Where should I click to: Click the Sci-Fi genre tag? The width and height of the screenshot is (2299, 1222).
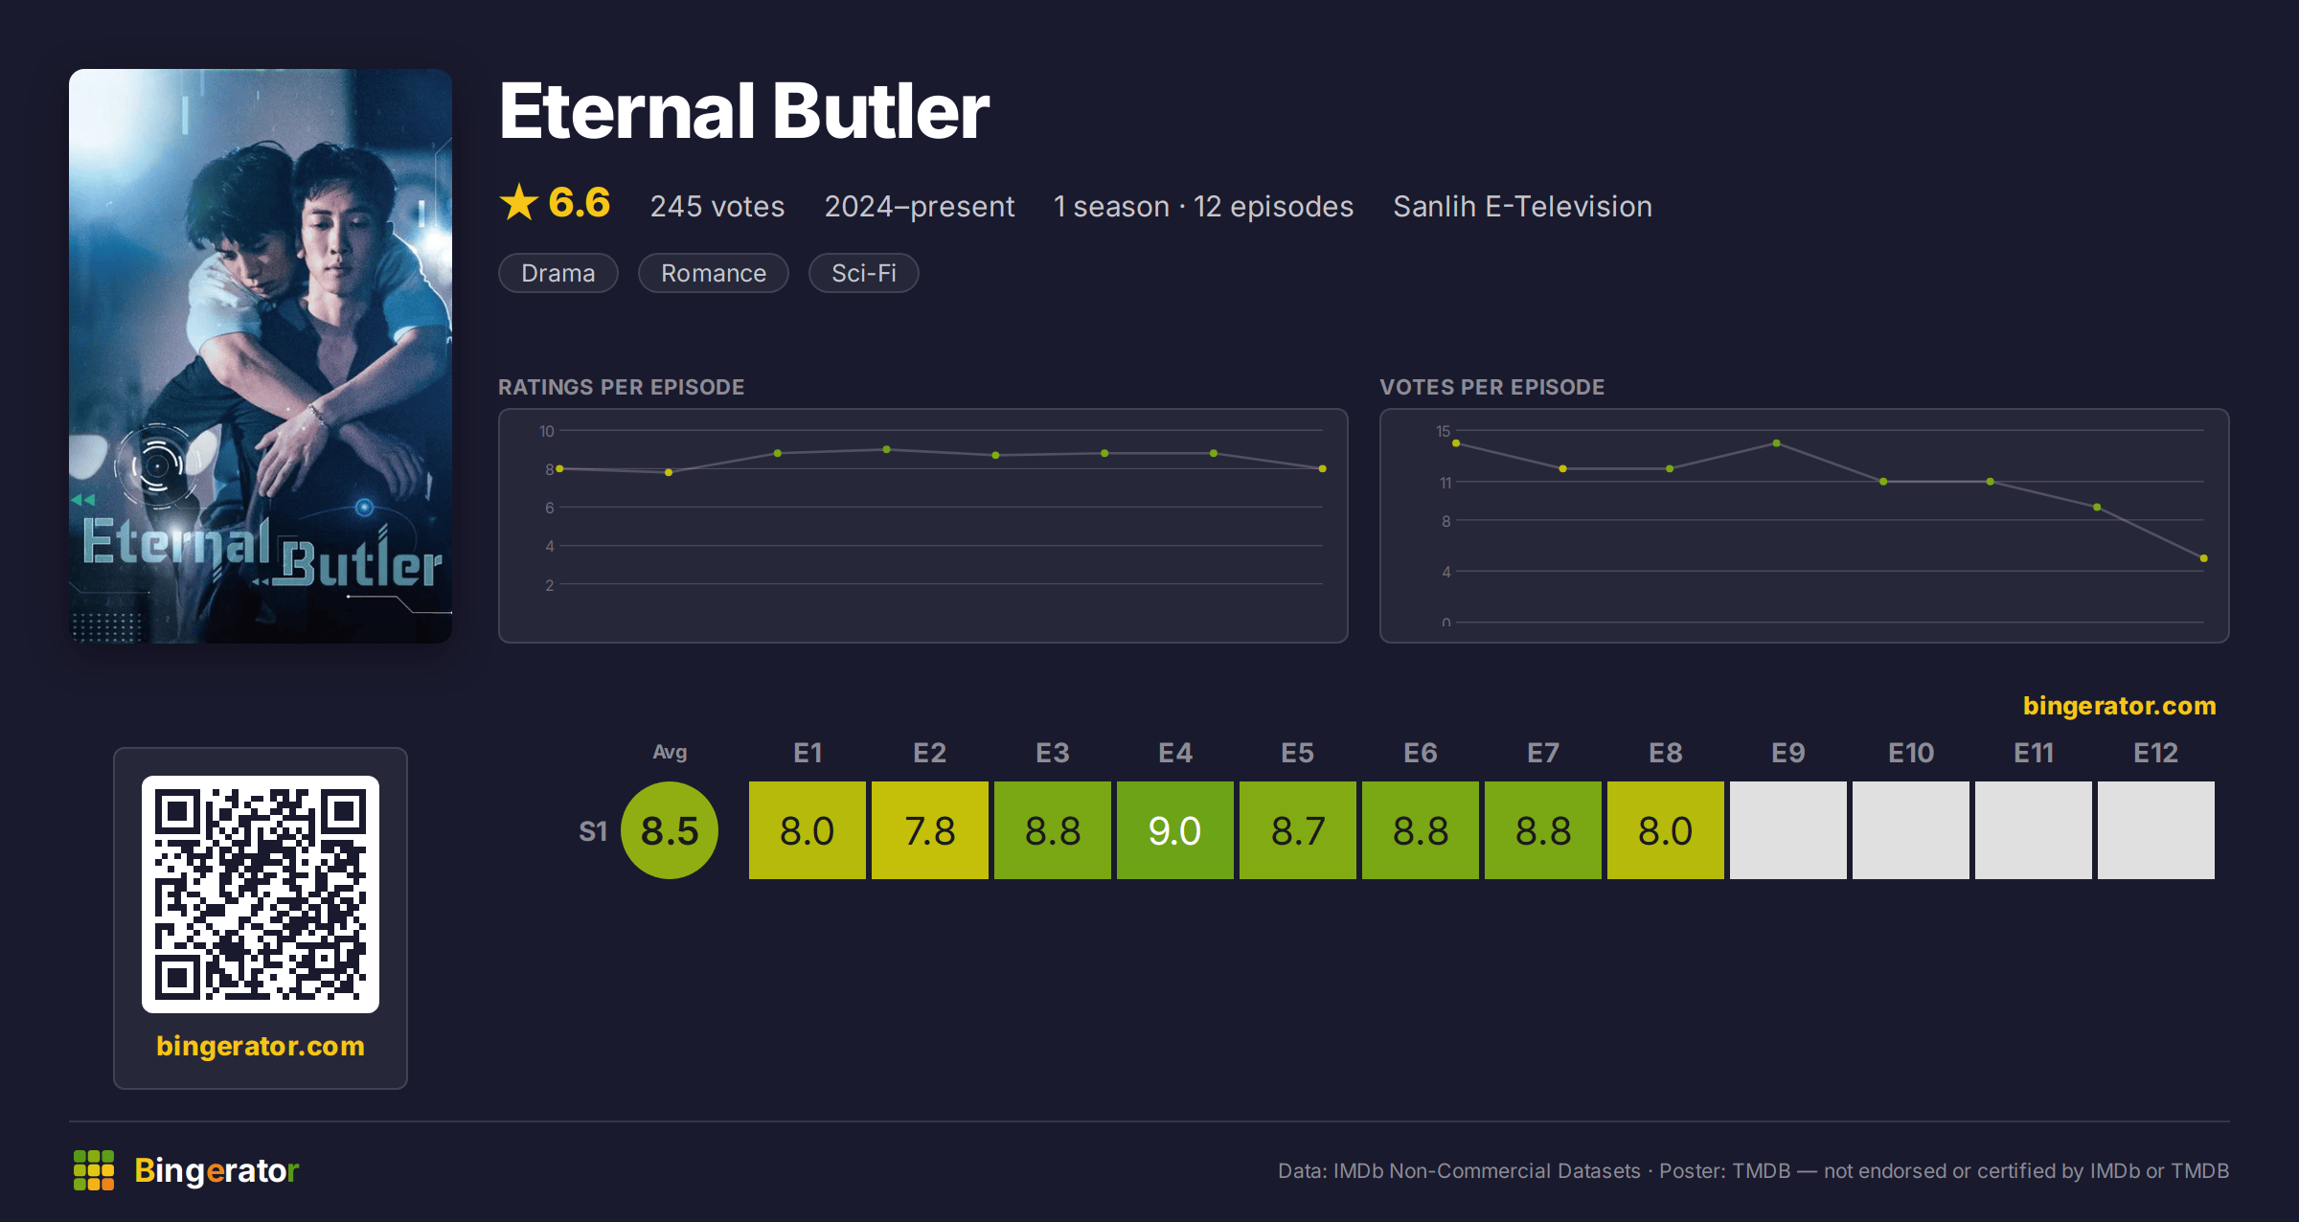864,273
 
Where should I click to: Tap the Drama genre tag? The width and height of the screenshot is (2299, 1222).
558,273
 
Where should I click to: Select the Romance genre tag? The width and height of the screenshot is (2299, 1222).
714,273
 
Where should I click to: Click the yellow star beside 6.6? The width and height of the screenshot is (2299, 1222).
519,202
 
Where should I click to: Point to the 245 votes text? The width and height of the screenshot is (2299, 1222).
717,206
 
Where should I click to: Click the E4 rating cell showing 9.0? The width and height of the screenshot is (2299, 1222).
1175,830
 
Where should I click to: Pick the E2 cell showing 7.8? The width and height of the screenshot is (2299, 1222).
930,830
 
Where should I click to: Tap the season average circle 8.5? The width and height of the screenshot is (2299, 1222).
670,830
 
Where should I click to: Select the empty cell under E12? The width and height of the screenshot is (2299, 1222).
2156,830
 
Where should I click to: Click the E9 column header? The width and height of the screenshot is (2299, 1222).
1788,753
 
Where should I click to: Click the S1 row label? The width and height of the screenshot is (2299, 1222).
593,831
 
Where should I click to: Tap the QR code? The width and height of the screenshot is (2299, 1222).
261,894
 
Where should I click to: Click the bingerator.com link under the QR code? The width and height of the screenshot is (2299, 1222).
261,1046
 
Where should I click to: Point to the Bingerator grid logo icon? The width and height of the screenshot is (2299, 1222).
94,1170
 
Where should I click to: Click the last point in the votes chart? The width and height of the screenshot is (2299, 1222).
2204,558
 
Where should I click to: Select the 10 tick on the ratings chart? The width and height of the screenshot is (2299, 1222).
547,431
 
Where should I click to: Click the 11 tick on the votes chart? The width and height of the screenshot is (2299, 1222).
1445,483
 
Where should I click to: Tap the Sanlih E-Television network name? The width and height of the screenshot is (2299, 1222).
1522,206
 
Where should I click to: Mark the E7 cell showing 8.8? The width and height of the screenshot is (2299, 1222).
1543,830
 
